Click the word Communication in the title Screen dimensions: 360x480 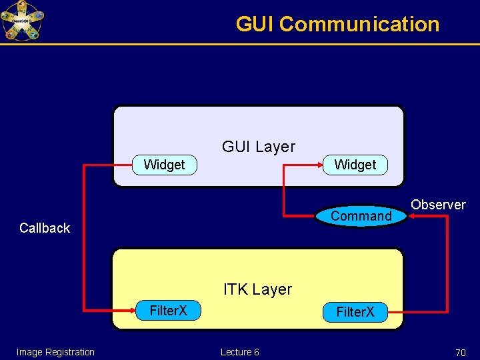(x=359, y=24)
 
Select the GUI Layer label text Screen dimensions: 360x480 (x=258, y=146)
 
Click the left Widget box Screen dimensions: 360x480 (x=164, y=165)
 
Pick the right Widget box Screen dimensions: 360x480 (x=355, y=165)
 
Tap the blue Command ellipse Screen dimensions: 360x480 (x=361, y=216)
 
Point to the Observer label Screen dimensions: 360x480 (x=438, y=205)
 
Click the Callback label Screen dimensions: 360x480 (x=45, y=228)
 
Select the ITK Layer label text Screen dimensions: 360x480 (x=257, y=289)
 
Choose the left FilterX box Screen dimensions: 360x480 (x=168, y=311)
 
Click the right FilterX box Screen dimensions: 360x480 (x=355, y=312)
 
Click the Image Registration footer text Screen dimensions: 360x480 (x=55, y=352)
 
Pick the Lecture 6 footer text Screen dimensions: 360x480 (x=239, y=352)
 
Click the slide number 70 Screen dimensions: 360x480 (x=460, y=352)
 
